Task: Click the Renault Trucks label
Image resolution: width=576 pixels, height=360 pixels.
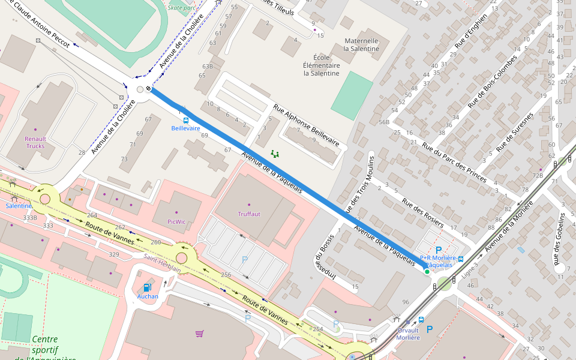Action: coord(35,142)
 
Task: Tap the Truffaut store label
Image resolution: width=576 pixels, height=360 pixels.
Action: coord(249,214)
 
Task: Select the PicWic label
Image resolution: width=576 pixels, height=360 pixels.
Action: coord(176,221)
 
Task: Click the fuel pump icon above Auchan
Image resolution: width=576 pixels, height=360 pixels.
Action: coord(147,288)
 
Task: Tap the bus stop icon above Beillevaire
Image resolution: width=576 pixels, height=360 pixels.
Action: coord(185,120)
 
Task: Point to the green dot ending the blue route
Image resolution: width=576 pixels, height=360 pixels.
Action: coord(427,272)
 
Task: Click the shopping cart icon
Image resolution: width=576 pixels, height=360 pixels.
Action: coord(199,333)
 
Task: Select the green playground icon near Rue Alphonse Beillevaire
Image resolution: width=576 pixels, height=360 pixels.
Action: coord(275,154)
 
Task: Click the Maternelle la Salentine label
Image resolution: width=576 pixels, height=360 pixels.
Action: coord(361,44)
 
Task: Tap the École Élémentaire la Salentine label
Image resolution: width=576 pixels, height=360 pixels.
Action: coord(322,65)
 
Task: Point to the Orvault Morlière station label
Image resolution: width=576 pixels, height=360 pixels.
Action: coord(408,334)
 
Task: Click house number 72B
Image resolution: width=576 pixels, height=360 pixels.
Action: coord(537,175)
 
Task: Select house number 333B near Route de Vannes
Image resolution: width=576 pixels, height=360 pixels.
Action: coord(30,218)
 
